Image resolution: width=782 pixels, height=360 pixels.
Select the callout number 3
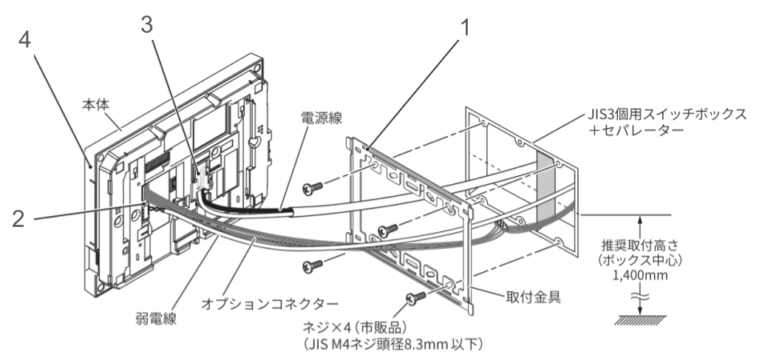click(149, 24)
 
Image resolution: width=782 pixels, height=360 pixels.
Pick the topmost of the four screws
click(314, 188)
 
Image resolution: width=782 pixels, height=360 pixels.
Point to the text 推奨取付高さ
click(640, 243)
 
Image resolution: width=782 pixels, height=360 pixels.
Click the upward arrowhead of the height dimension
click(641, 220)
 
